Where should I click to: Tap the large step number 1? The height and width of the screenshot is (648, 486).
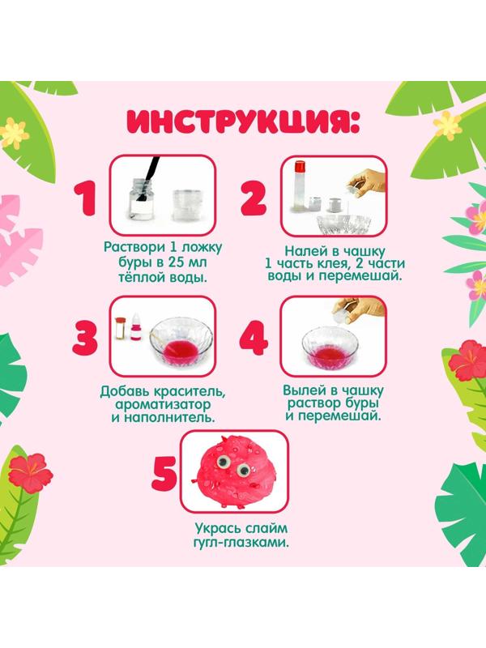pyautogui.click(x=83, y=200)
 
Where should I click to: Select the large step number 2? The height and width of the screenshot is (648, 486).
pyautogui.click(x=252, y=200)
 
